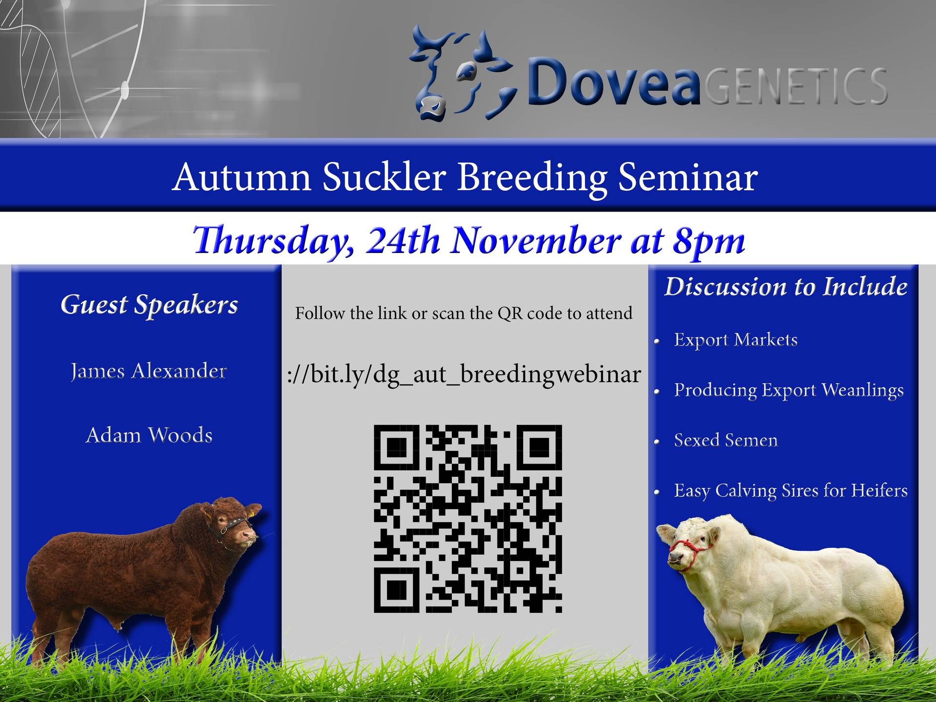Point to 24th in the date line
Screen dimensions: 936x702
click(403, 240)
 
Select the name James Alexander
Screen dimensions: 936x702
click(149, 371)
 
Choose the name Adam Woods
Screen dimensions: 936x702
click(149, 435)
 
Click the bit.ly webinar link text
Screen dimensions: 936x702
click(464, 374)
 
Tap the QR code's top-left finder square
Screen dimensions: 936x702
click(396, 447)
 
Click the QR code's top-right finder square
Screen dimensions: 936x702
click(540, 447)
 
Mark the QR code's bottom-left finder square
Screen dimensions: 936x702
click(396, 590)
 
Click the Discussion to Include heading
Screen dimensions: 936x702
click(786, 287)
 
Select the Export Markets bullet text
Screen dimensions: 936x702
click(736, 340)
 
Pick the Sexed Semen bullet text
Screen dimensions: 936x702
click(726, 440)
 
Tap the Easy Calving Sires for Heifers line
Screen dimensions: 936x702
click(791, 490)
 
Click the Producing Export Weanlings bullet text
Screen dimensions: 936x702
click(789, 390)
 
